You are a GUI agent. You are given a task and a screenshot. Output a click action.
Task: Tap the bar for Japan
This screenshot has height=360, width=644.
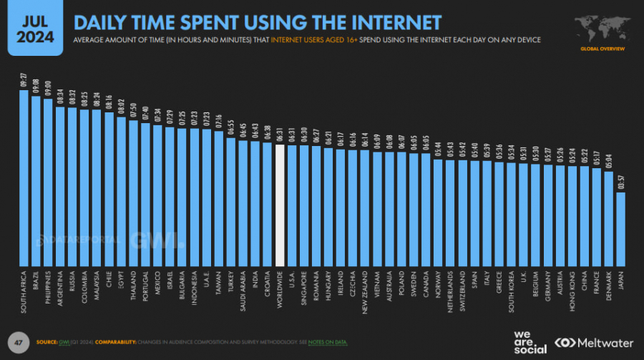click(620, 229)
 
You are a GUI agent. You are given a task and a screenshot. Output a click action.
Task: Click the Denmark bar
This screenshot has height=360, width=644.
click(608, 218)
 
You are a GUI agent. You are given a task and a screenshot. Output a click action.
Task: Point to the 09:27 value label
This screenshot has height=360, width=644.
click(23, 79)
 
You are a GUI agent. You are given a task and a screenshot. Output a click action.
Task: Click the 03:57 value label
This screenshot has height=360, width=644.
click(620, 182)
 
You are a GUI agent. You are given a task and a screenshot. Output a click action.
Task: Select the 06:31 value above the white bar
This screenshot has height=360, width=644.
click(280, 135)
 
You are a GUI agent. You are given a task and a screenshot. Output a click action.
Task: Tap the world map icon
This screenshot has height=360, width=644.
click(600, 27)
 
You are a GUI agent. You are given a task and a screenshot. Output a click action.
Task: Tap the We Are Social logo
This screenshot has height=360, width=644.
click(530, 342)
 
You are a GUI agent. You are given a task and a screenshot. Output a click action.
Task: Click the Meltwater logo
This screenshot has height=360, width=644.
click(594, 342)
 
